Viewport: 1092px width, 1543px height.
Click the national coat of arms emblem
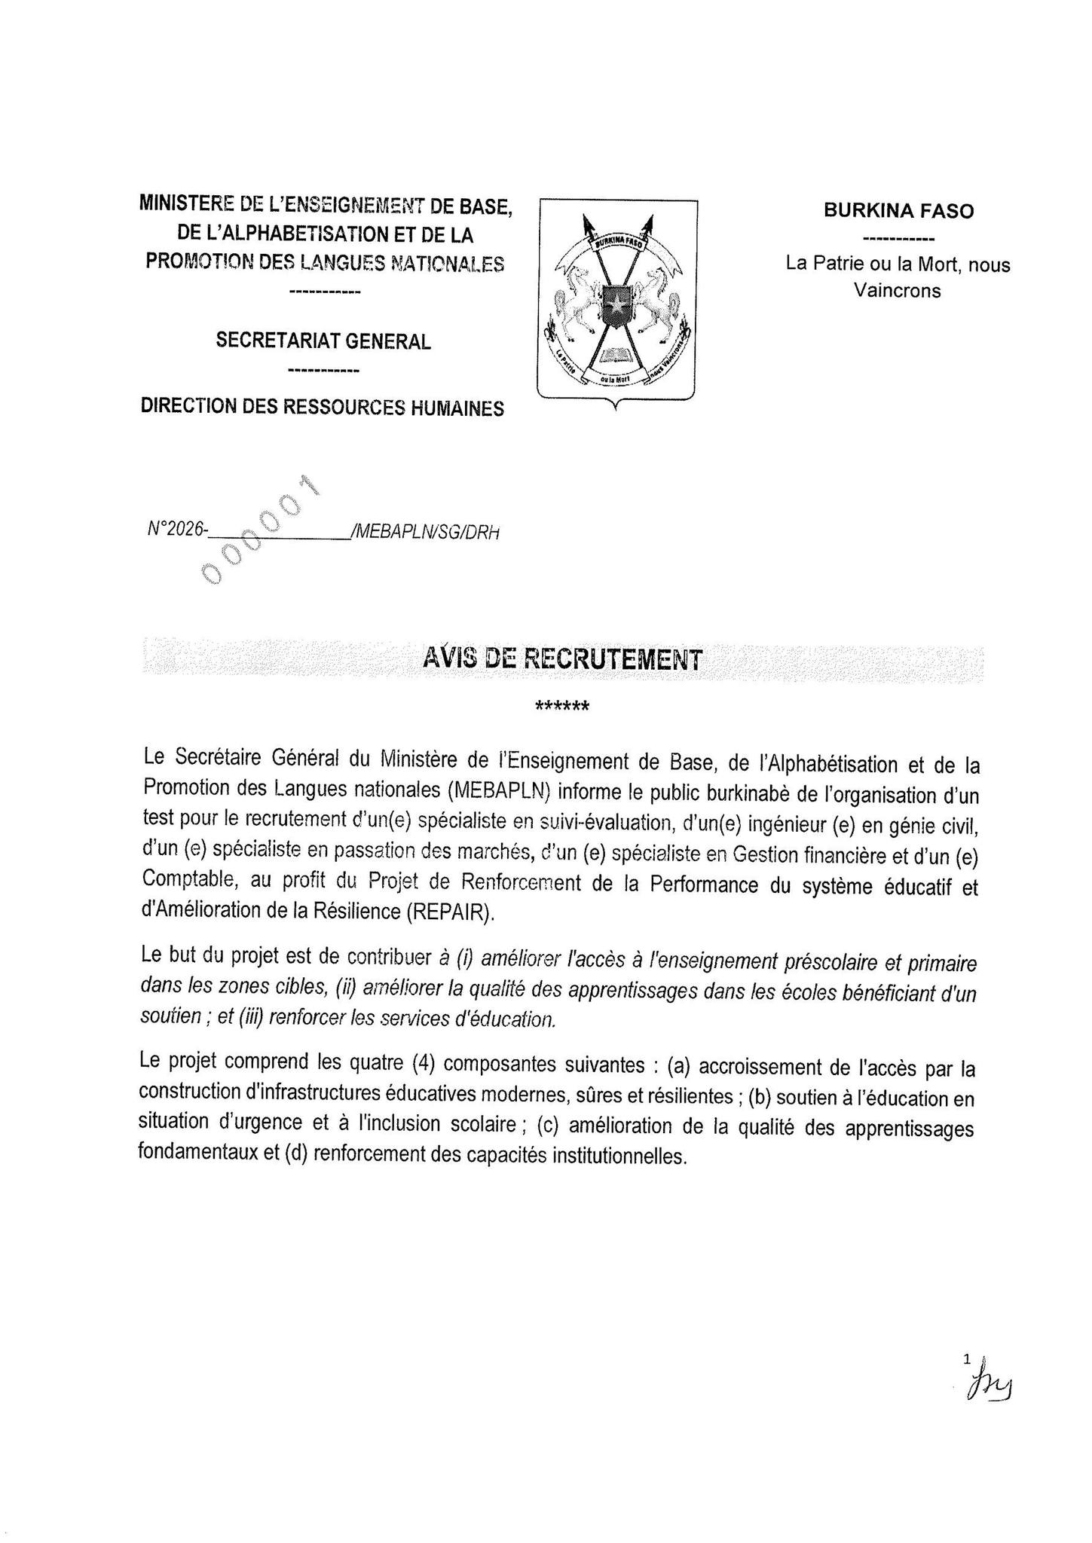[617, 301]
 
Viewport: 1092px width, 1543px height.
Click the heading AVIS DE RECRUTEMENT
[561, 659]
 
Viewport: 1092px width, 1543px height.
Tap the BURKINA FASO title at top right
[898, 211]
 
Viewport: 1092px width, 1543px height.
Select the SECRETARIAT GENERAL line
[323, 341]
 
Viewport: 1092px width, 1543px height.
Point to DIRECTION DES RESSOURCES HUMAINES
[323, 408]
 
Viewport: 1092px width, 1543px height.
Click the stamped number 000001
[260, 530]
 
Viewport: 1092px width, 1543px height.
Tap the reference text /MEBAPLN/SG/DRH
[424, 532]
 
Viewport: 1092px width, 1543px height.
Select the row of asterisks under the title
[561, 707]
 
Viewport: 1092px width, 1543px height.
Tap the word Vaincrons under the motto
[897, 291]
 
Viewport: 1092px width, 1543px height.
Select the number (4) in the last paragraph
[425, 1063]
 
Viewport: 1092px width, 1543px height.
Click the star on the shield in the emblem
[616, 304]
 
